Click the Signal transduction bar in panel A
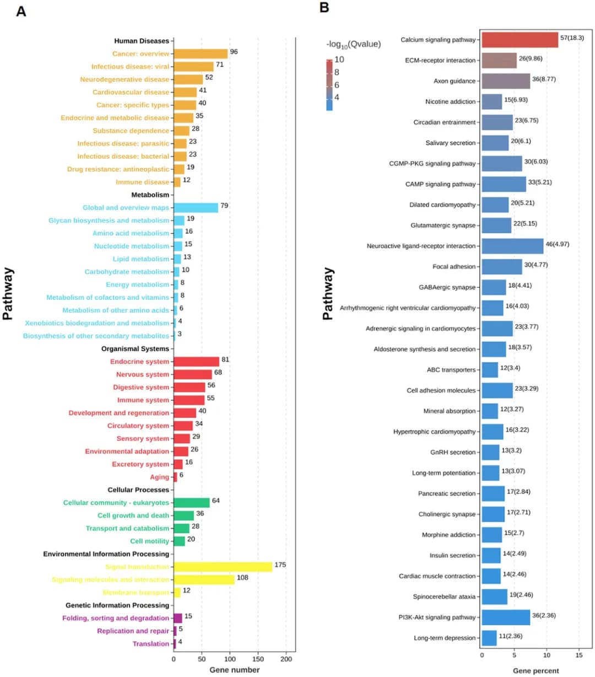tap(223, 567)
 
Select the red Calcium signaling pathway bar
tap(520, 40)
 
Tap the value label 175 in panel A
tap(280, 565)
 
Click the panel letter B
tap(324, 8)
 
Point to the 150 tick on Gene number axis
tap(258, 659)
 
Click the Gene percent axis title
tap(535, 671)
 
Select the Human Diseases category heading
tap(142, 41)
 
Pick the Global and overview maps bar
tap(196, 208)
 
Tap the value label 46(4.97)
tap(558, 244)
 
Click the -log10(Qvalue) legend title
tap(353, 44)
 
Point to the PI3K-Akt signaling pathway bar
tap(506, 617)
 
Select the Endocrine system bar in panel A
tap(196, 362)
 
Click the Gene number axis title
tap(234, 670)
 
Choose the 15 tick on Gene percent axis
tap(579, 655)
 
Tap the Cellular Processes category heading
tap(138, 490)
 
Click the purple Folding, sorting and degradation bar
tap(177, 618)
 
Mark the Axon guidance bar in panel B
tap(506, 81)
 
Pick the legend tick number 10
tap(339, 60)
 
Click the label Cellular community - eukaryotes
tap(116, 503)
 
